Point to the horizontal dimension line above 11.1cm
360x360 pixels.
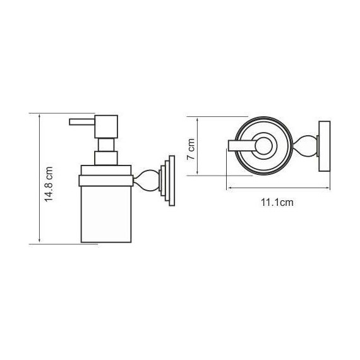(278, 188)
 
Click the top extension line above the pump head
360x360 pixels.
(63, 114)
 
